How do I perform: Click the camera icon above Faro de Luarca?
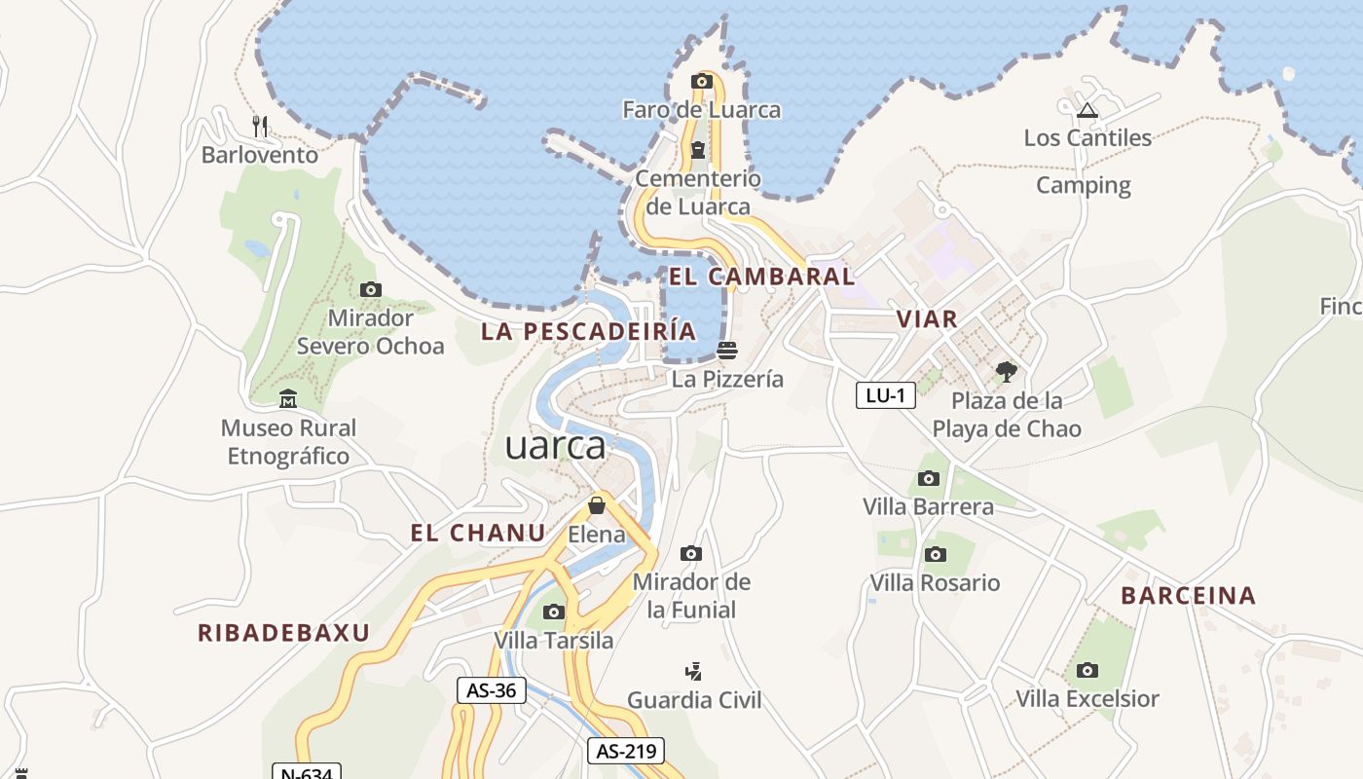701,81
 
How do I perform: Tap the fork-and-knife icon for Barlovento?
260,126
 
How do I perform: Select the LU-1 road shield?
886,394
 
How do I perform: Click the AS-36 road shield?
492,690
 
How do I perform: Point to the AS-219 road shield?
626,751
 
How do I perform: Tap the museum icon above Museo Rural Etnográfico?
288,399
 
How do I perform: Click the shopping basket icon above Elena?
597,505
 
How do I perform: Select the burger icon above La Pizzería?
727,350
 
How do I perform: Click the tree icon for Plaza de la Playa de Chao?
1007,371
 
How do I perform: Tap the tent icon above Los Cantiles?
1087,110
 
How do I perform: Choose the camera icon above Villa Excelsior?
1087,670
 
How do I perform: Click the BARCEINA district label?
1189,596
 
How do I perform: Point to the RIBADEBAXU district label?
284,633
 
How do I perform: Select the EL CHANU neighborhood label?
478,533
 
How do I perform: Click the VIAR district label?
927,318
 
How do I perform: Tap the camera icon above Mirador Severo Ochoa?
370,289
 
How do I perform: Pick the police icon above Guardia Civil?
694,671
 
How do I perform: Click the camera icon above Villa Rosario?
935,554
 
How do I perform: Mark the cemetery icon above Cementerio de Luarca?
698,149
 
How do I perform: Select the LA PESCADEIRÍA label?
589,331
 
